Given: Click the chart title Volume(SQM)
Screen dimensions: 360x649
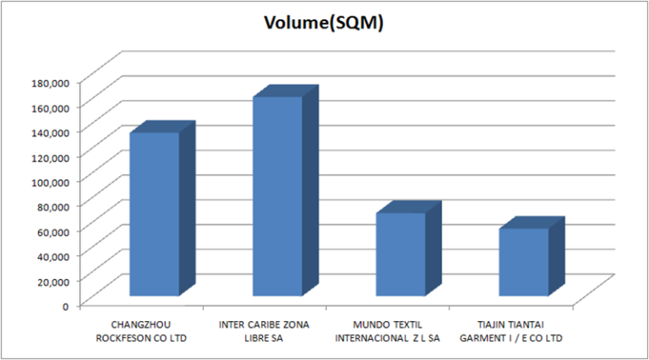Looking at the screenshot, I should pos(324,24).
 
